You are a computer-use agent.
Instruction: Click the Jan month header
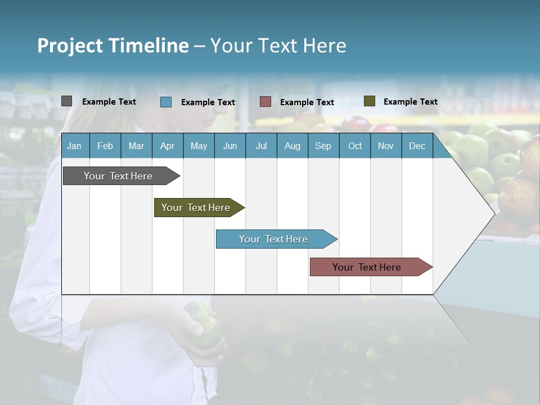[74, 146]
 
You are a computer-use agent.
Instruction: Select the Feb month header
[105, 146]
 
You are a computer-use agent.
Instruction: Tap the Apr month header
[167, 146]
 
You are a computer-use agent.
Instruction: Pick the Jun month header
[230, 146]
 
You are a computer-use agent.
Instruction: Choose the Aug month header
[292, 146]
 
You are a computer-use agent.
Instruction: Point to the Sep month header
[323, 146]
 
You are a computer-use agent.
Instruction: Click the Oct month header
[355, 146]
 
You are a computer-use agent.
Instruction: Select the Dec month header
[417, 146]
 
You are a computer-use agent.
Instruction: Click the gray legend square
[67, 101]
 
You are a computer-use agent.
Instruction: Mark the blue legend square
[166, 102]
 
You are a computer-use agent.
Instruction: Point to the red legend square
[265, 102]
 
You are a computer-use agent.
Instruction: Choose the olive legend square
[370, 101]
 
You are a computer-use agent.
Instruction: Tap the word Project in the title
[70, 46]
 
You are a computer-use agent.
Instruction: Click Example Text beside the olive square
[410, 102]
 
